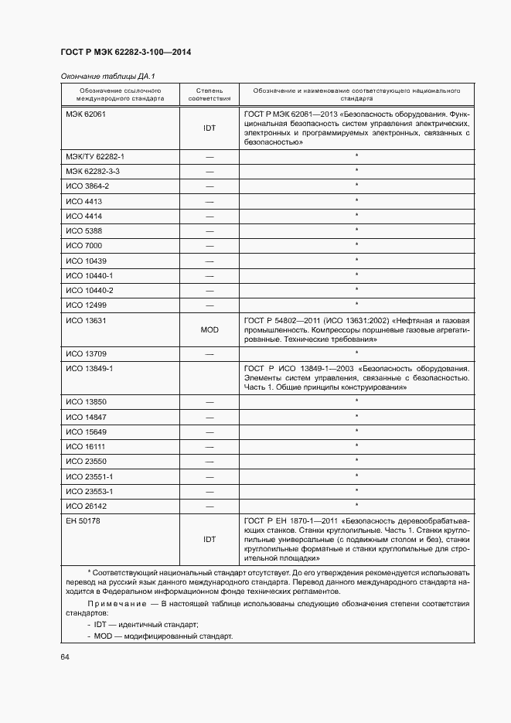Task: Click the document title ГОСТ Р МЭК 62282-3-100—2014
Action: click(126, 53)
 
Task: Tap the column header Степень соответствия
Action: click(209, 94)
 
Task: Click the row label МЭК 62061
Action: click(85, 114)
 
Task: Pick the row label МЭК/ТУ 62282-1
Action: click(95, 156)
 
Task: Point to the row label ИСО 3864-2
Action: click(87, 186)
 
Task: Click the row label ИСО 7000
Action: click(83, 246)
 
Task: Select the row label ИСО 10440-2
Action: click(90, 290)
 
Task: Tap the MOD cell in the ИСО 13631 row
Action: click(210, 329)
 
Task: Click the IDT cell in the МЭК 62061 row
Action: click(210, 128)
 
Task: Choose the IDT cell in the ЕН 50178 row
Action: click(210, 539)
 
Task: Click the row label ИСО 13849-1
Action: click(90, 369)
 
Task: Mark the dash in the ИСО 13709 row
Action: click(210, 354)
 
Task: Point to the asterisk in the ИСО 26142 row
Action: click(356, 506)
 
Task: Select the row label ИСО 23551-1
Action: click(90, 476)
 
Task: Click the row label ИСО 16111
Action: click(85, 447)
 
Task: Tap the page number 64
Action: click(65, 657)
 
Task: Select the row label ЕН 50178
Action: click(83, 521)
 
